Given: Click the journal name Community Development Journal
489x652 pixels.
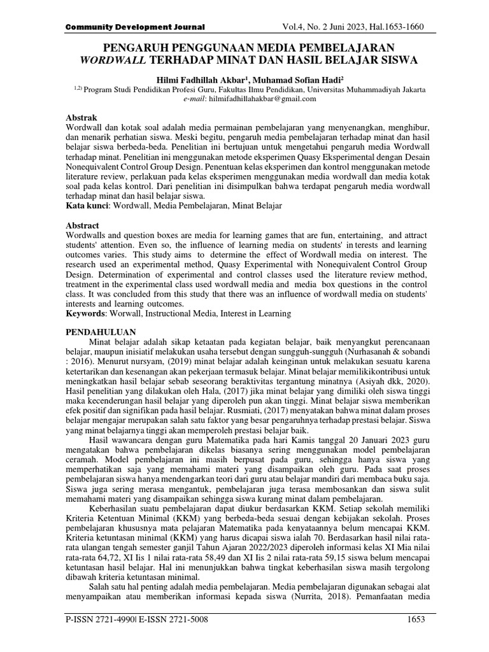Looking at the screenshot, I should (135, 27).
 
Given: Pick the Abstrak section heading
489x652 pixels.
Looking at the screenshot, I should (82, 118).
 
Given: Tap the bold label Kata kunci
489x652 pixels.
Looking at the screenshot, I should (89, 207).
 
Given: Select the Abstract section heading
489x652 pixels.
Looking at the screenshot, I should (83, 225).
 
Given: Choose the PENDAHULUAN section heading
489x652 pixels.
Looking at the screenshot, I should (101, 332).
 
